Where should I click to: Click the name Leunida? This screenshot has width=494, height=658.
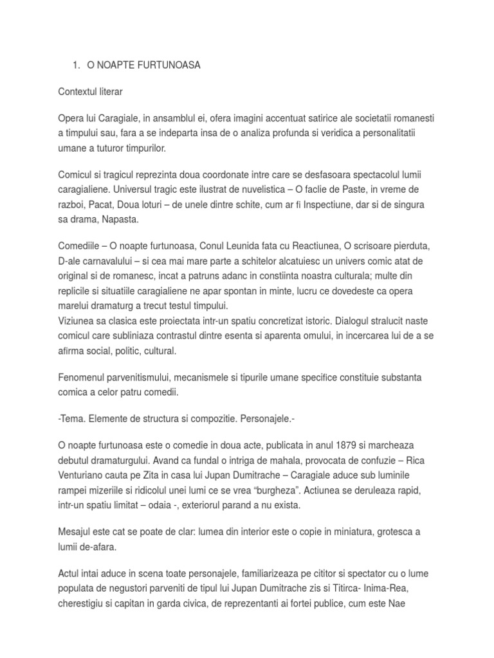pos(252,246)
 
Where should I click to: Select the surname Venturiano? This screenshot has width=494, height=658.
pos(84,475)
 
